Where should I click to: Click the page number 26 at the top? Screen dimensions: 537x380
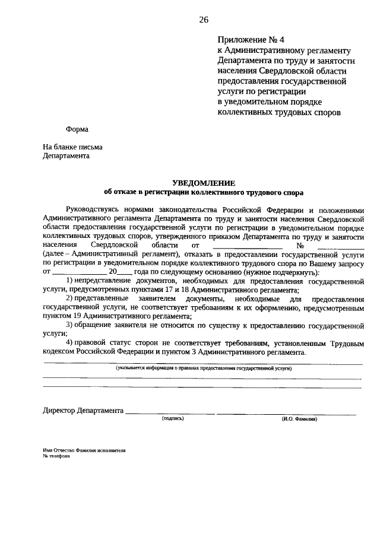tap(204, 20)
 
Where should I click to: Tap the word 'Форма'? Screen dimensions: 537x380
tap(77, 129)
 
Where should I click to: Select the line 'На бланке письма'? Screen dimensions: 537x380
tap(72, 147)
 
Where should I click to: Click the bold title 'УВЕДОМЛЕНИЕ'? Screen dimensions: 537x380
tap(203, 183)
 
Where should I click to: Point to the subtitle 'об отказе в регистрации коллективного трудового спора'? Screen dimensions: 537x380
tap(203, 192)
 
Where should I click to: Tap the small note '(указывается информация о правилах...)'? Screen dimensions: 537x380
tap(203, 368)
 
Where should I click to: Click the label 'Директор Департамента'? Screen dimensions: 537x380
tap(83, 411)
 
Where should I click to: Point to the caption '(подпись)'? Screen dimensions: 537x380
tap(173, 419)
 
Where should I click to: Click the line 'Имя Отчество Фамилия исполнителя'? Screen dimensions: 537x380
tap(84, 451)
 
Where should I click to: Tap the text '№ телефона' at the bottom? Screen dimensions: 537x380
tap(56, 457)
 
